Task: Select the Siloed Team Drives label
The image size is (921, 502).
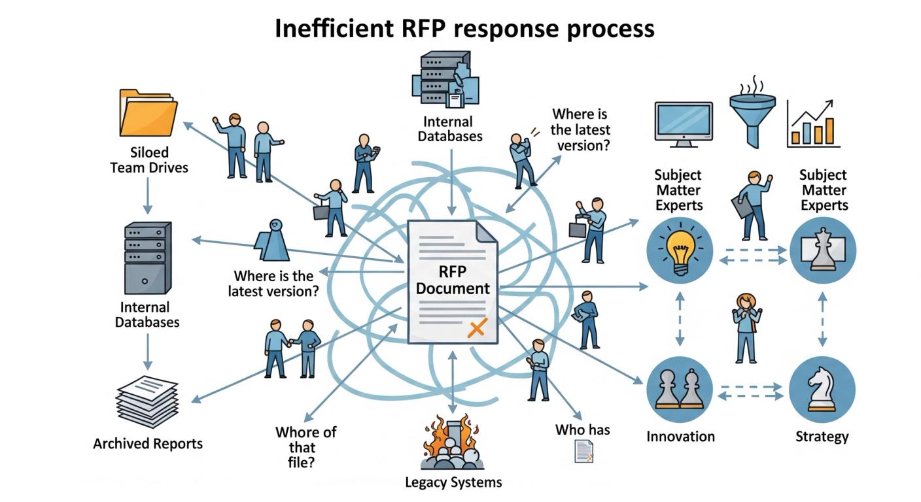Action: point(149,159)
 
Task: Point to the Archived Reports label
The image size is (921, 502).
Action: point(148,444)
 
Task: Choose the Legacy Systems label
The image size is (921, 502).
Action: point(453,482)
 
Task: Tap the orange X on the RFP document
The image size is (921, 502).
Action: point(477,328)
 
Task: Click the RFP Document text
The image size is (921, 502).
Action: point(453,280)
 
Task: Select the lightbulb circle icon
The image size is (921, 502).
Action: point(679,250)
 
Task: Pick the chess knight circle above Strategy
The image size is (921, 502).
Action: point(822,390)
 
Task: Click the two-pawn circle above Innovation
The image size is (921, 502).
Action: point(679,390)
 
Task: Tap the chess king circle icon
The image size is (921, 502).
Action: point(822,250)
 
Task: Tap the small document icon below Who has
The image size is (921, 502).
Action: point(583,452)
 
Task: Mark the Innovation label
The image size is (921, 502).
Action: point(680,436)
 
